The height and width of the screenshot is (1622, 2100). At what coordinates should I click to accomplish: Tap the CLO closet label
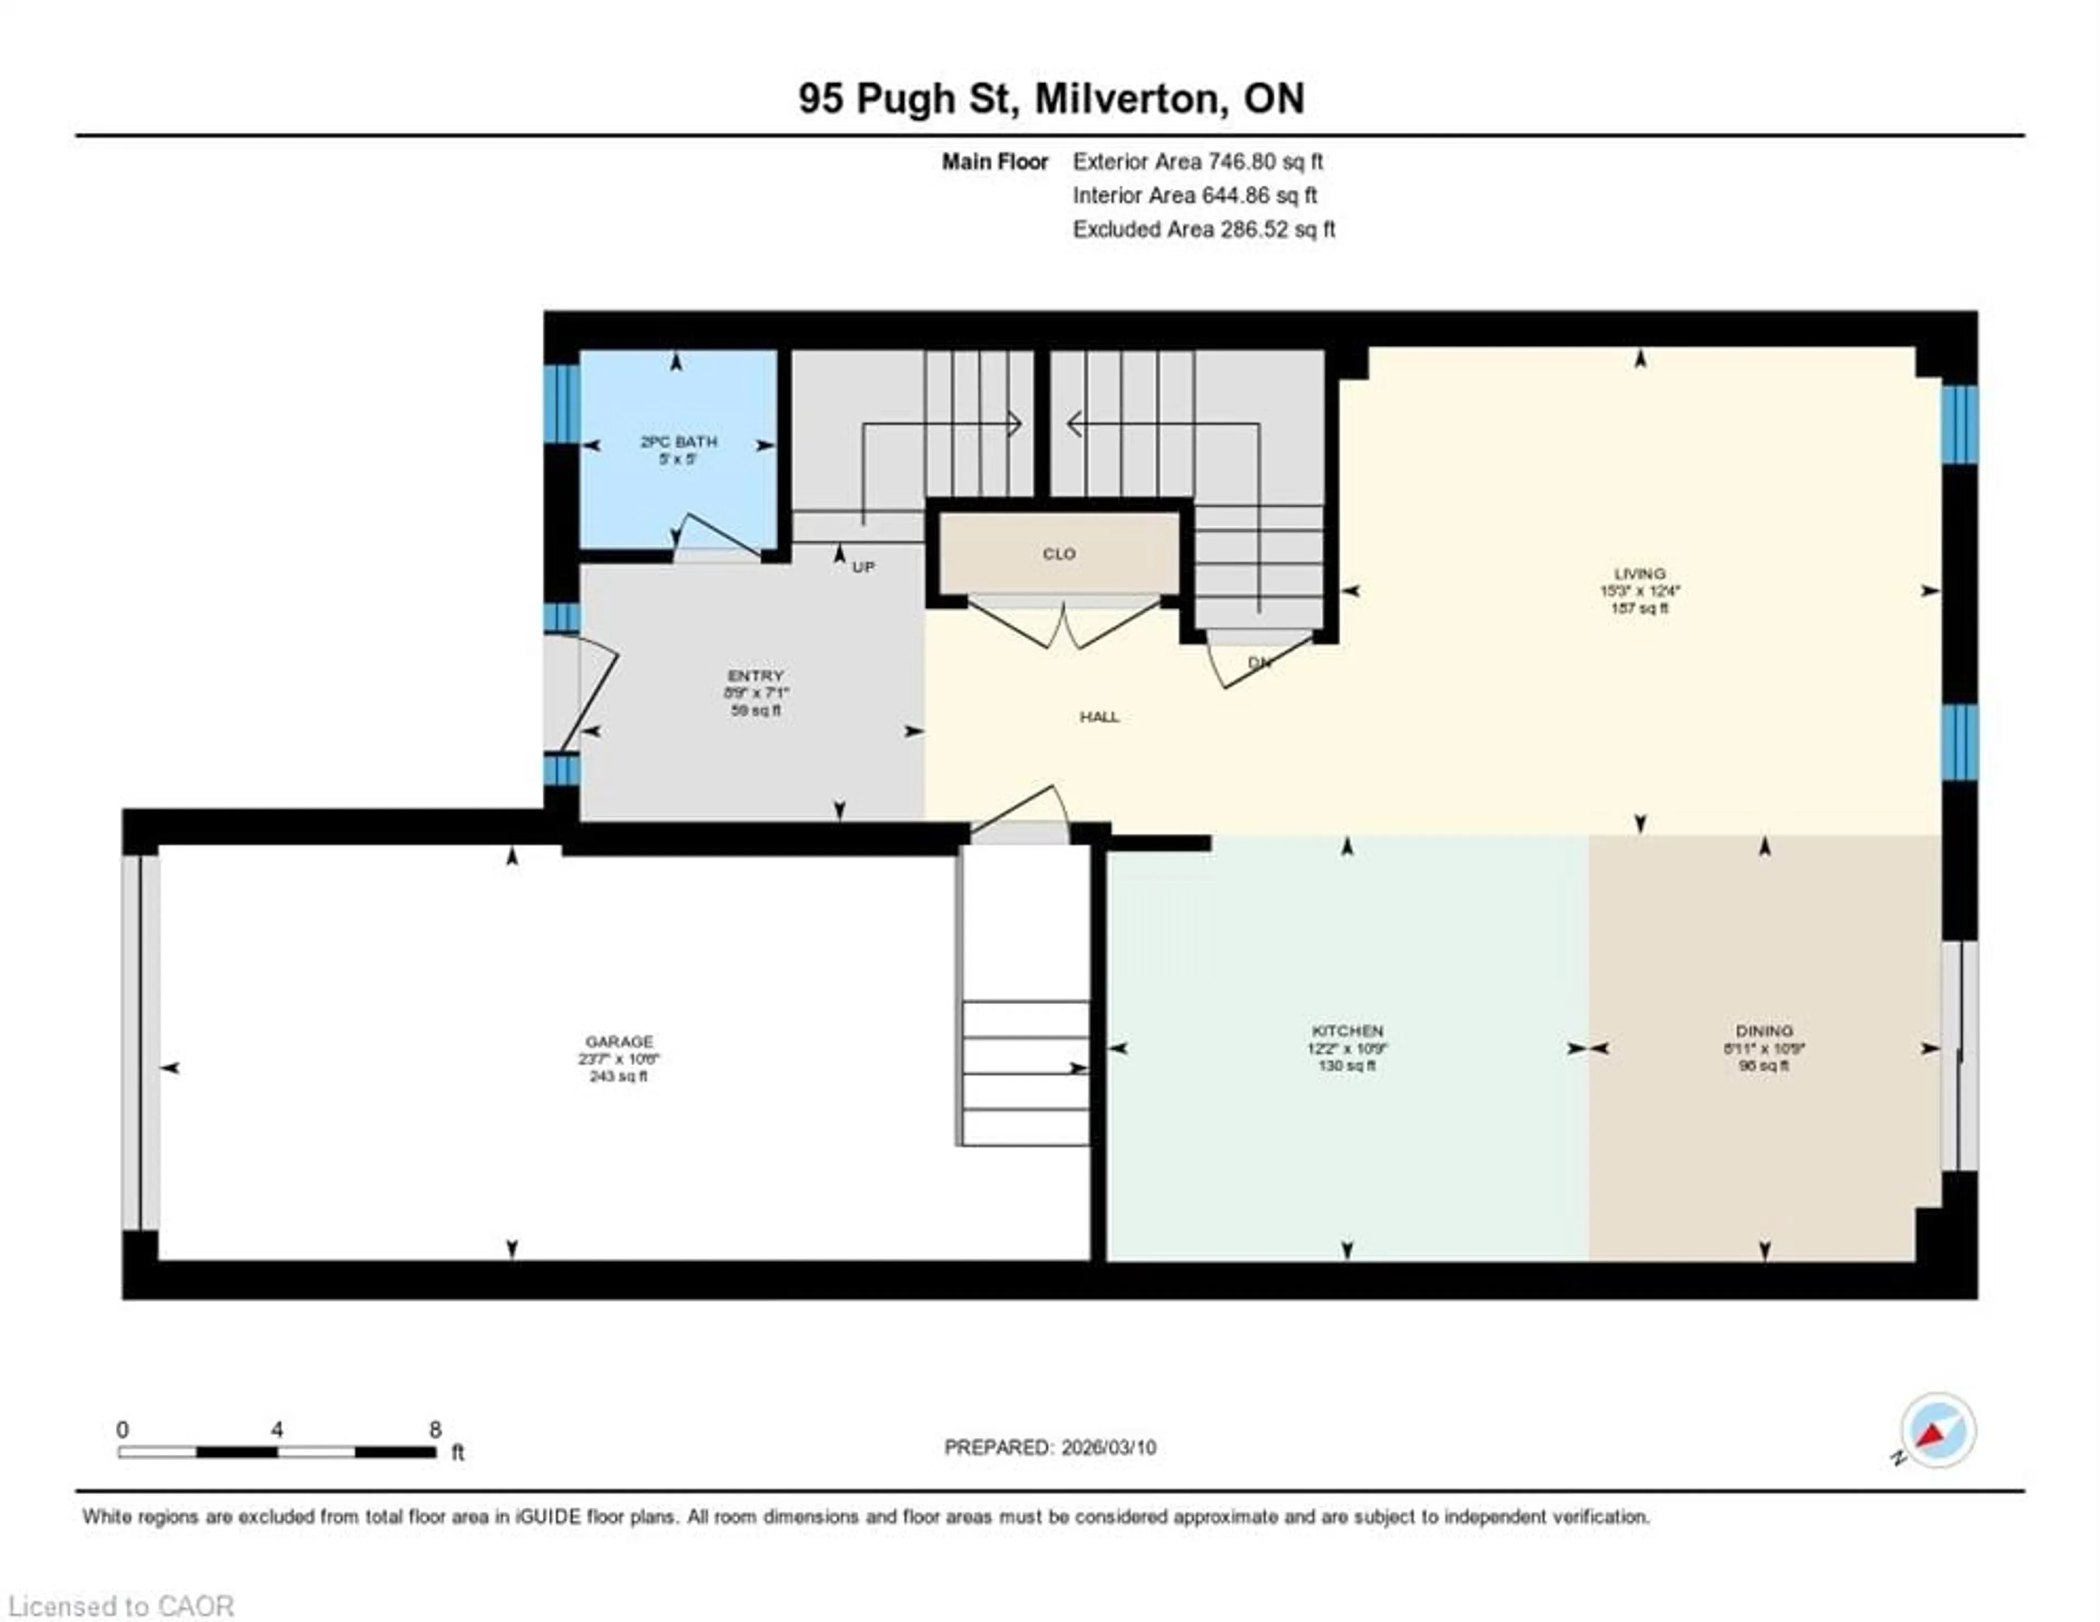(1059, 554)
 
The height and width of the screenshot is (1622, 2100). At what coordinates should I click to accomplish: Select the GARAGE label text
(619, 1041)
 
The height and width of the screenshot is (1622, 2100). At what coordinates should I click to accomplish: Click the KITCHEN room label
(1347, 1030)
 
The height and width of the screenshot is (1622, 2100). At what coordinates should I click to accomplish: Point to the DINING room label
(1764, 1030)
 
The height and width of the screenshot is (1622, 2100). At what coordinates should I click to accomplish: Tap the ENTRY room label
(756, 676)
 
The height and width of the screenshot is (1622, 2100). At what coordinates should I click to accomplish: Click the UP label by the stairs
(864, 567)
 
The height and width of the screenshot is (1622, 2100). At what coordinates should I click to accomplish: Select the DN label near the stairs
(1259, 663)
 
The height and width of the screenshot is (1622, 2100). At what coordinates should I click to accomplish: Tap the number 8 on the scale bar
(435, 1430)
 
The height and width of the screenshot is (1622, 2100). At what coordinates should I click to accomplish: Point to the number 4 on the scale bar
(277, 1430)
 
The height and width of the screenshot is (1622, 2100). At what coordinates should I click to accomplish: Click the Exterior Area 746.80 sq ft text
(1197, 161)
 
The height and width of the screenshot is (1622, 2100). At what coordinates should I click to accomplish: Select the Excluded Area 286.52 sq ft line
(1204, 230)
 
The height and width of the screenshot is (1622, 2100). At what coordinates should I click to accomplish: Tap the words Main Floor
(994, 161)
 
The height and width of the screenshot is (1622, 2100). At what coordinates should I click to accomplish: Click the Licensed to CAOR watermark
(120, 1607)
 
